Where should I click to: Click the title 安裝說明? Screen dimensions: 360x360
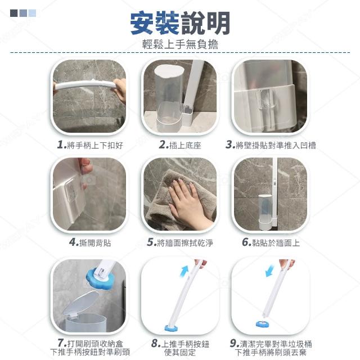(x=180, y=24)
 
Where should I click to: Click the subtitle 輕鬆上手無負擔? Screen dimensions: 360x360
(x=180, y=44)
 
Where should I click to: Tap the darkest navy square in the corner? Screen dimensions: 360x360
(x=13, y=13)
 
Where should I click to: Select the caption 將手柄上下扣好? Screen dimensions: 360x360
(x=95, y=145)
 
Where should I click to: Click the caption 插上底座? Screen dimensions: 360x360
(x=185, y=145)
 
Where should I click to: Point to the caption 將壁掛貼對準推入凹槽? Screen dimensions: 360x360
(x=276, y=145)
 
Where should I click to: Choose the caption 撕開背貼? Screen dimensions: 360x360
(x=95, y=242)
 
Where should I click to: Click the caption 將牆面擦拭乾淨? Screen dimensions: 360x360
(x=185, y=242)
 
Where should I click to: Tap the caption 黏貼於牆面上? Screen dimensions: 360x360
(x=276, y=242)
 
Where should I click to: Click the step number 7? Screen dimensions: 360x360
(x=62, y=343)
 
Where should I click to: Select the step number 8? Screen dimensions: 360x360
(x=156, y=344)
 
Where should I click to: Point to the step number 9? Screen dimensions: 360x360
(x=235, y=343)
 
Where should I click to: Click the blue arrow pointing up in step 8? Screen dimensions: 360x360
(x=184, y=271)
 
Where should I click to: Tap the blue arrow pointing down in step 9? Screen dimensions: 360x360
(x=269, y=271)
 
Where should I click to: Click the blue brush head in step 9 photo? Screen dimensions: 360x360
(x=264, y=324)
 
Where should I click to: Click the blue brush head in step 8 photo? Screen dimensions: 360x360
(x=171, y=327)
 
